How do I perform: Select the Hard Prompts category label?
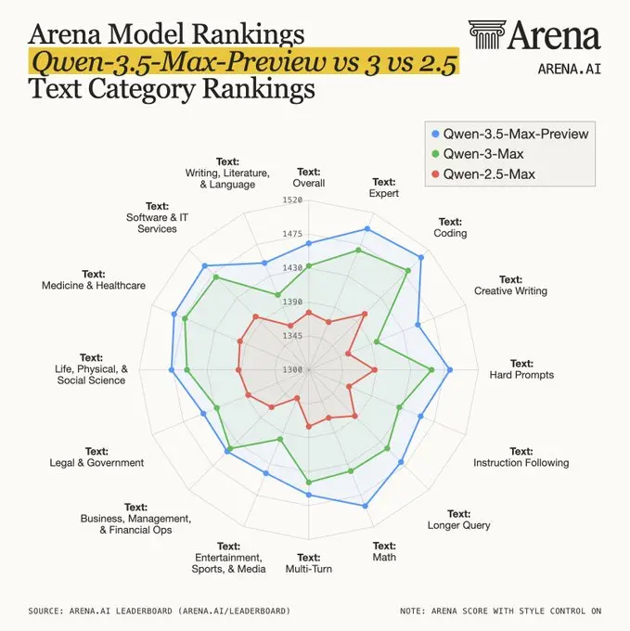[x=521, y=369]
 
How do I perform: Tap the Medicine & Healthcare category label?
[x=94, y=280]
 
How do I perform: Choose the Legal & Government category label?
[x=96, y=457]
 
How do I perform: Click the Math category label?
[x=384, y=551]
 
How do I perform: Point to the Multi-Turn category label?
[x=308, y=562]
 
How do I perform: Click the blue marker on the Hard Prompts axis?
[x=450, y=369]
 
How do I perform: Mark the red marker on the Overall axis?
[x=309, y=313]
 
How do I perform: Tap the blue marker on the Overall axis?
[x=309, y=243]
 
